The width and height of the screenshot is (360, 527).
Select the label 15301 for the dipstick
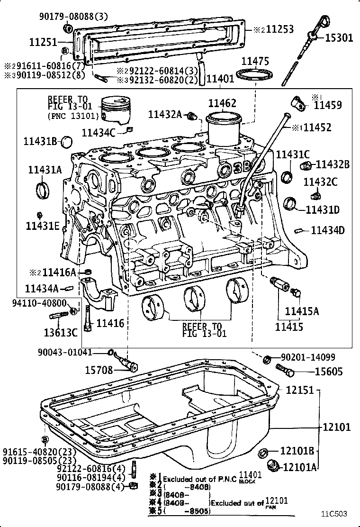(x=339, y=37)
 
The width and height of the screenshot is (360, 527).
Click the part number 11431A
(x=45, y=170)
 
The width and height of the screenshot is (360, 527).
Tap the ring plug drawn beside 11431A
(x=43, y=191)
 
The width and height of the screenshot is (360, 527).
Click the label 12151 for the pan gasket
(x=300, y=390)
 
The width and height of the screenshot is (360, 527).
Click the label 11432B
(x=333, y=164)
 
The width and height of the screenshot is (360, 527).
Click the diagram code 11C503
(x=334, y=513)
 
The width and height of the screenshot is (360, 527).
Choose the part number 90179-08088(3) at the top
(x=73, y=17)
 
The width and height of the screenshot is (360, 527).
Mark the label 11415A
(x=302, y=311)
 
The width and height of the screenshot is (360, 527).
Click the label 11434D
(x=327, y=230)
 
